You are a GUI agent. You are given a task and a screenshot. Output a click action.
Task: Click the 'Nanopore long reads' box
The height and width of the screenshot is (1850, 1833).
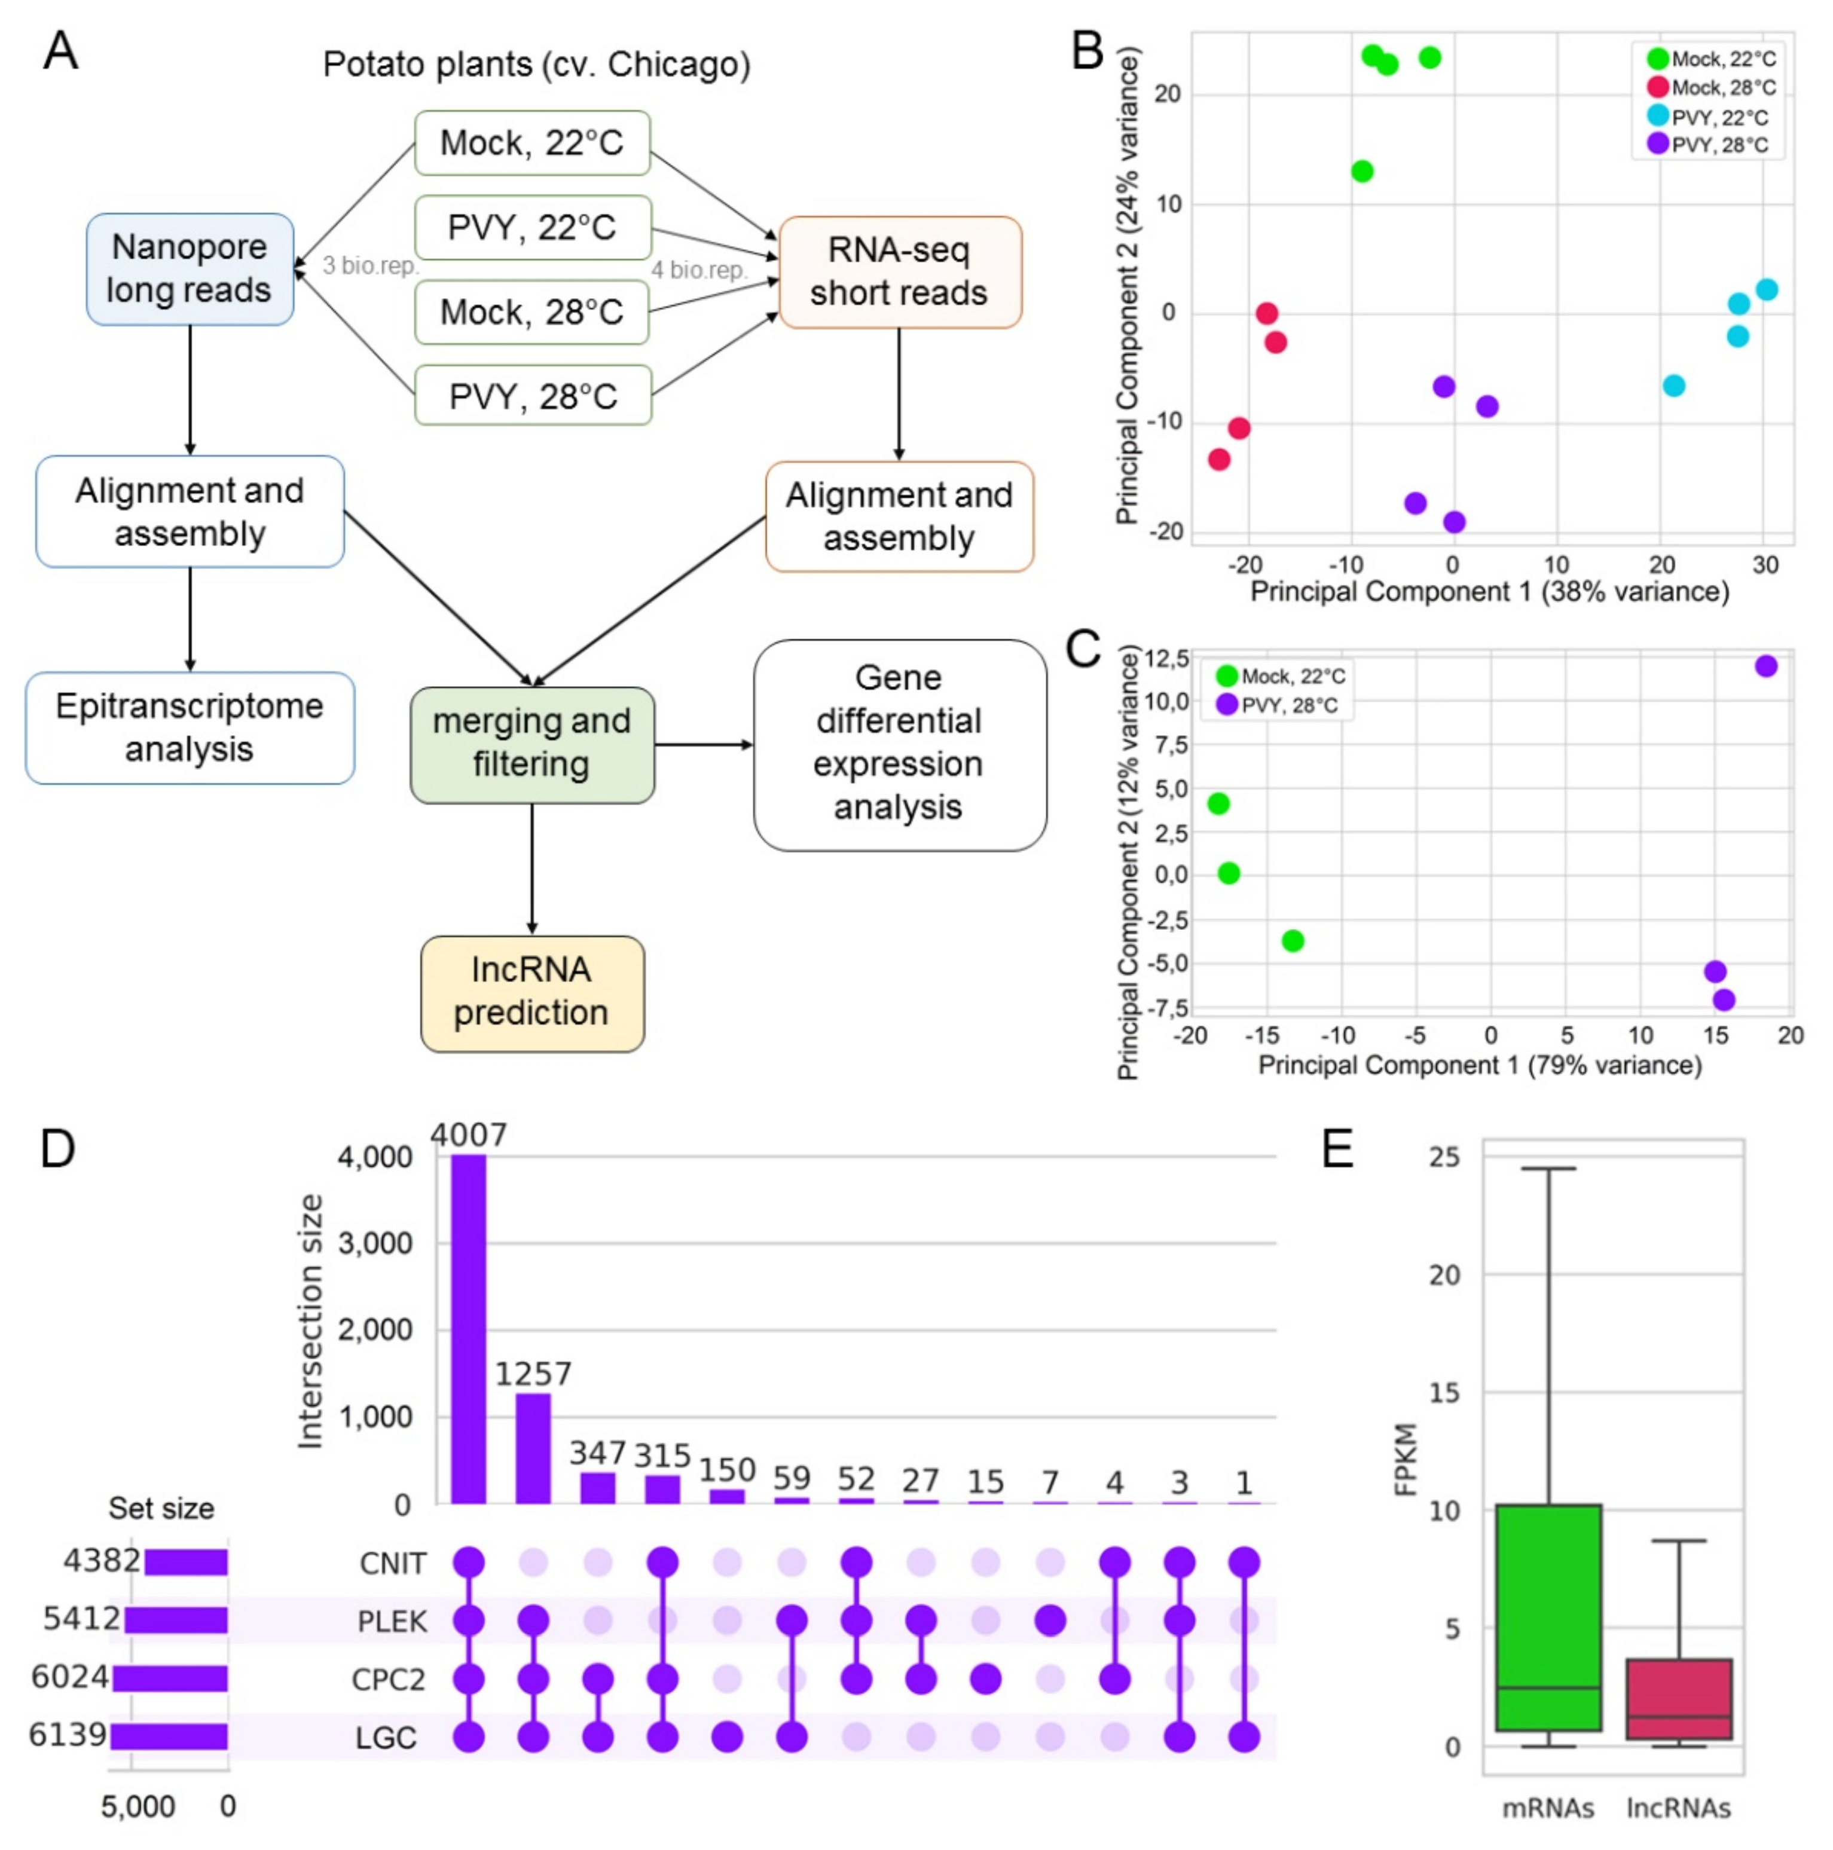point(189,269)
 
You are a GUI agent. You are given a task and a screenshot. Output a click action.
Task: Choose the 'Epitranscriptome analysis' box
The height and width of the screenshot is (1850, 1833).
point(190,727)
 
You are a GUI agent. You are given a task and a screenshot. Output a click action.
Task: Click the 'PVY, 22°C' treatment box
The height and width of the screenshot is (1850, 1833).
point(533,228)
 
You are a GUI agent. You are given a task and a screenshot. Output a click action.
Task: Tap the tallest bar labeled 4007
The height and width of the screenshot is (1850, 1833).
point(468,1329)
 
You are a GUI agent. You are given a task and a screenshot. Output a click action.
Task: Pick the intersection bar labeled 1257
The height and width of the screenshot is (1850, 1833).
point(533,1448)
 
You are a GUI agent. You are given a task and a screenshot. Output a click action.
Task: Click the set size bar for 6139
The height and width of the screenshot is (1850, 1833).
point(169,1736)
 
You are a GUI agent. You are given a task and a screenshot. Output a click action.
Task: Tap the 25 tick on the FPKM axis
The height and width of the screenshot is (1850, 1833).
point(1444,1158)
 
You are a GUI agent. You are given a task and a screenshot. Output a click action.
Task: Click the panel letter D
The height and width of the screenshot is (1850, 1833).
point(57,1148)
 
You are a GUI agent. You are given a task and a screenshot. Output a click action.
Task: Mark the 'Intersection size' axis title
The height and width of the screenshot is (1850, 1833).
point(309,1322)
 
